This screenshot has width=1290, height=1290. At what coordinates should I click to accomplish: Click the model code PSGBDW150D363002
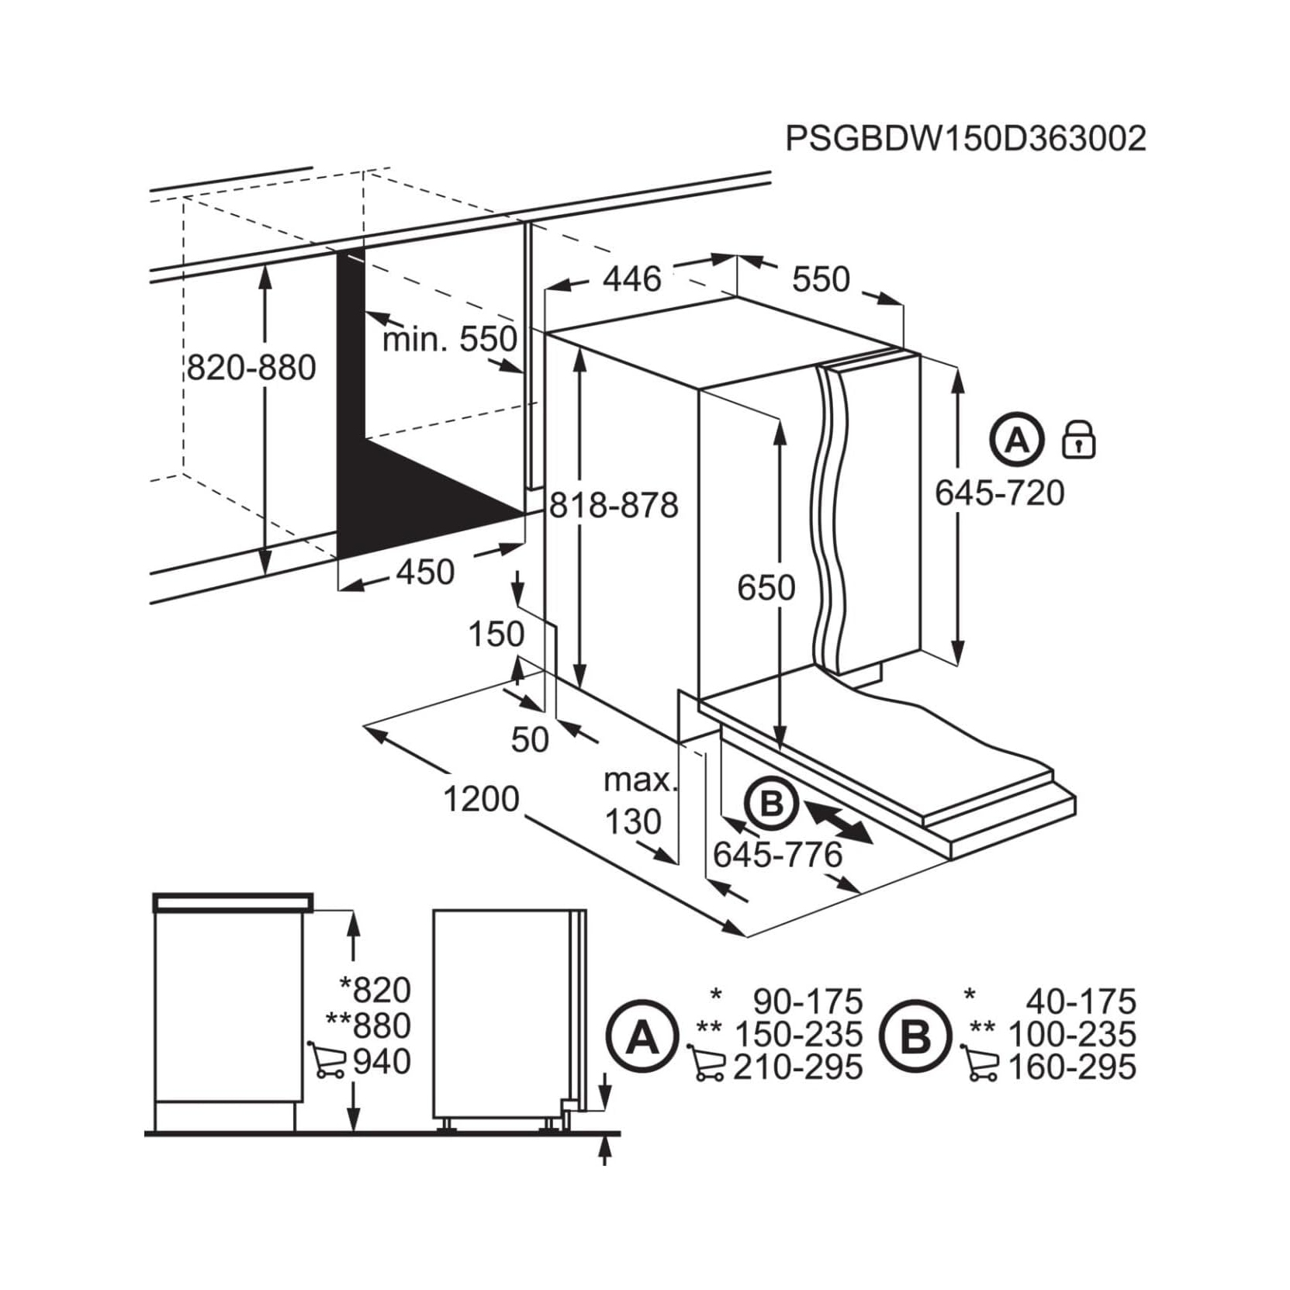966,139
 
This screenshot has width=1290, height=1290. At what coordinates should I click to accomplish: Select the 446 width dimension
632,278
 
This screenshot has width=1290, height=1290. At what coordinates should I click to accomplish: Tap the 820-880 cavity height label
252,368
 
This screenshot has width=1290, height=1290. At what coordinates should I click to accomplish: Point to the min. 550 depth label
450,339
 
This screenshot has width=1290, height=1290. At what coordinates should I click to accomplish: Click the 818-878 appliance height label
614,506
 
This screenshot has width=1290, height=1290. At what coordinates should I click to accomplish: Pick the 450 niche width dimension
425,572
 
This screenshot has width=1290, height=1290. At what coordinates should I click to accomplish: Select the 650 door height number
766,588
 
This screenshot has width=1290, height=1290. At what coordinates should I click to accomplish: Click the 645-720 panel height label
999,493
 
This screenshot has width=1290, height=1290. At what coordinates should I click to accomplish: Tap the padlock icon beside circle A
1078,440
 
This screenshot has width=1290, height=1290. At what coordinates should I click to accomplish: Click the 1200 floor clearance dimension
481,799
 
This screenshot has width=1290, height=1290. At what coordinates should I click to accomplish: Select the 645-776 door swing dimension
777,855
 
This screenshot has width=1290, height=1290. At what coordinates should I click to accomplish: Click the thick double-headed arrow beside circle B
838,822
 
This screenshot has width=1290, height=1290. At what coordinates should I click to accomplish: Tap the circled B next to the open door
771,804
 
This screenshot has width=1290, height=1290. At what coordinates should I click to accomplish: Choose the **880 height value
368,1025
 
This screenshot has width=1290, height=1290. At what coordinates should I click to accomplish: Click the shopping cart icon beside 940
327,1060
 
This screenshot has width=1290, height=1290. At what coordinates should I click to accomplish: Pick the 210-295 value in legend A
798,1067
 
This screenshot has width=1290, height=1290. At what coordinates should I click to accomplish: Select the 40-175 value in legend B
1081,1001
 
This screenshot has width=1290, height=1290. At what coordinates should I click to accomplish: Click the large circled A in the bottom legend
642,1036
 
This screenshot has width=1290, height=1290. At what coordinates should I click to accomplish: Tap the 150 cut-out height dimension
496,635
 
